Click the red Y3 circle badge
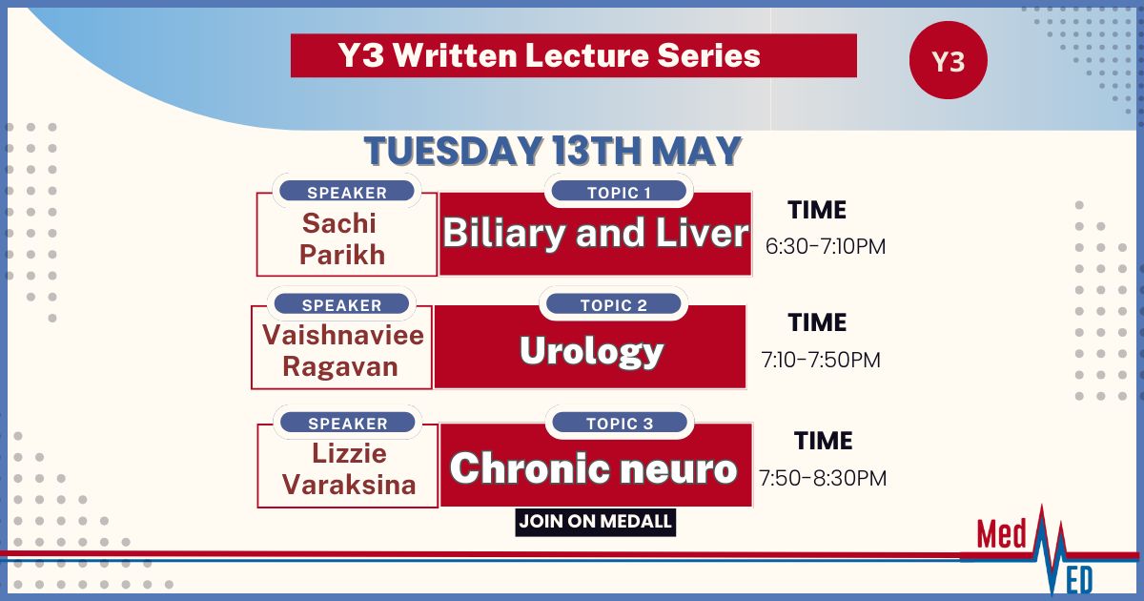(x=949, y=60)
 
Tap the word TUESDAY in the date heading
(x=453, y=151)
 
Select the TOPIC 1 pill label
(x=619, y=192)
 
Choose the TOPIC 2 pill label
(x=613, y=304)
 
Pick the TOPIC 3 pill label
(x=620, y=424)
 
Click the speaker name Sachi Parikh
(x=341, y=238)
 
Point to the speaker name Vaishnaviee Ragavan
(x=342, y=351)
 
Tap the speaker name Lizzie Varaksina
(x=349, y=469)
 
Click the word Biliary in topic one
(x=503, y=233)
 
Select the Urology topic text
(x=591, y=351)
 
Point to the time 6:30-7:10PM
(x=826, y=247)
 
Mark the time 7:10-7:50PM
(x=821, y=360)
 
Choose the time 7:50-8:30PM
(x=823, y=478)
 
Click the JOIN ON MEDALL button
(x=596, y=522)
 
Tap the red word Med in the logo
(x=1001, y=534)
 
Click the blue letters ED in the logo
(x=1079, y=580)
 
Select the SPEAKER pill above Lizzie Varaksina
(x=348, y=424)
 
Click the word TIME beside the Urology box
(x=817, y=322)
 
